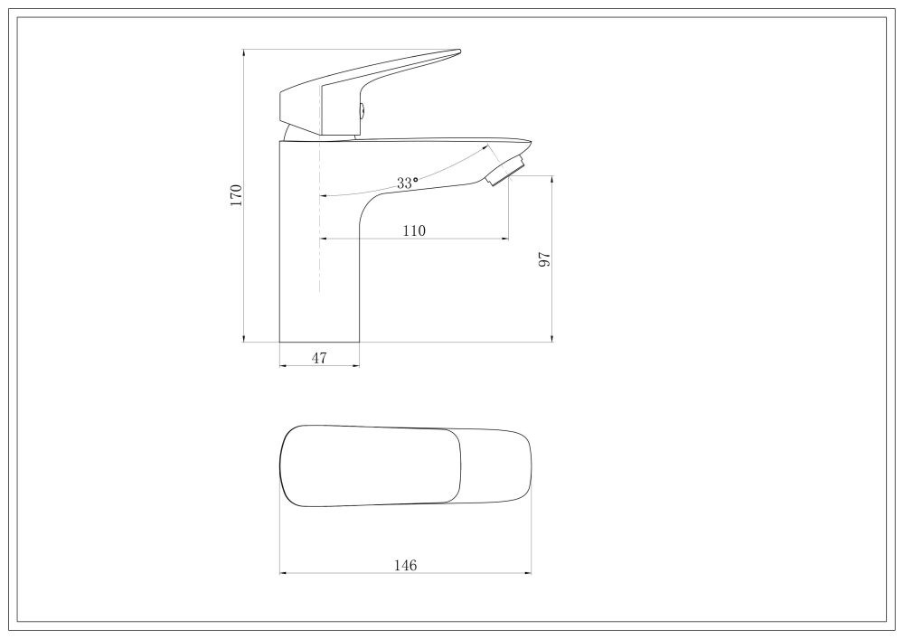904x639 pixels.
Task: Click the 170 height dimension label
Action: pos(236,195)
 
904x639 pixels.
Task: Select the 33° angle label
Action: pos(407,183)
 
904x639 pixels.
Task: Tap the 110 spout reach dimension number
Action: pos(414,231)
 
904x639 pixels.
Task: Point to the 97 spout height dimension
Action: pos(545,259)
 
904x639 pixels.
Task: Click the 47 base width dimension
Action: pos(319,359)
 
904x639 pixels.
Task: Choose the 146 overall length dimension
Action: pos(405,566)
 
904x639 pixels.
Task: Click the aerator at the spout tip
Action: pos(505,171)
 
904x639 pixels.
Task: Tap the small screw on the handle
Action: pos(363,110)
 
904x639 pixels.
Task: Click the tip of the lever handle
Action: pos(459,52)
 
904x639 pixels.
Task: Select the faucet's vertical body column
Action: pos(319,242)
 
